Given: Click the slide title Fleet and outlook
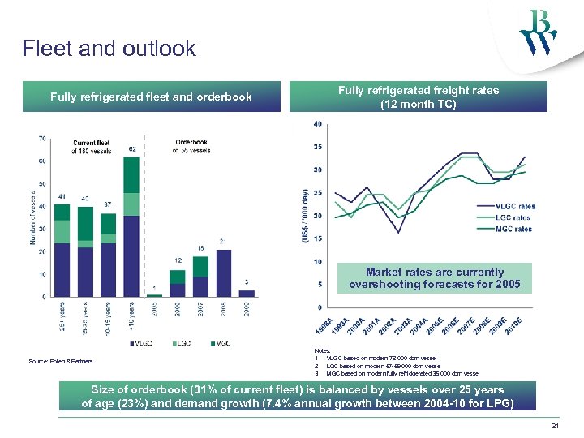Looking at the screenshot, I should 109,49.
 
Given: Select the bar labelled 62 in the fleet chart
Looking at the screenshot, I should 131,226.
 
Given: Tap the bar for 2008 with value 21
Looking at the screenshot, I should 224,273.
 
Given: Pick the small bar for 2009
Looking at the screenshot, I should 247,293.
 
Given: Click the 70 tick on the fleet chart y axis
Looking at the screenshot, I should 41,139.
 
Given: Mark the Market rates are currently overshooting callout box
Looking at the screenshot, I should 435,278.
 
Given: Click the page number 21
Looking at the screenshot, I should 555,426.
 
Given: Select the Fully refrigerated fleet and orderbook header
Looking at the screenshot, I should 151,97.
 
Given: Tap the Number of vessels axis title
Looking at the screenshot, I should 33,217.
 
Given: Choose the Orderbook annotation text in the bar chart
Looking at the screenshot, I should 191,146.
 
